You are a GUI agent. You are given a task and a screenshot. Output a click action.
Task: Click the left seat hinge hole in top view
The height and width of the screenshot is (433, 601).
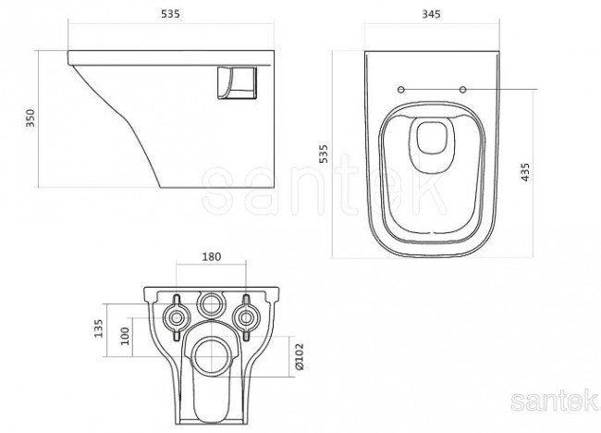[x=399, y=89]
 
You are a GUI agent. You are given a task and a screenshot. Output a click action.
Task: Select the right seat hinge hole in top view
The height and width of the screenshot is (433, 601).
[x=461, y=89]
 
